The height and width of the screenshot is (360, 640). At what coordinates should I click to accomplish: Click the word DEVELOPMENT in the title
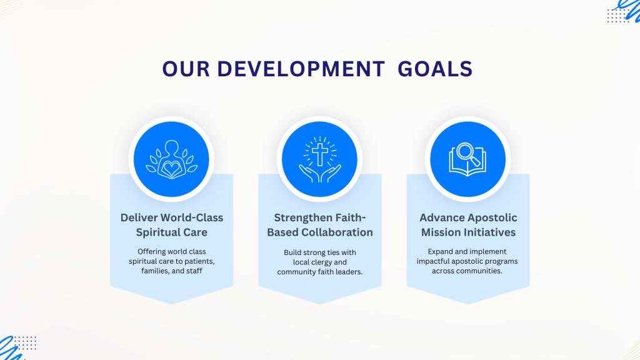pos(301,69)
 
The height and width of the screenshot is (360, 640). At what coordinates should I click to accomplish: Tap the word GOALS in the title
pos(435,69)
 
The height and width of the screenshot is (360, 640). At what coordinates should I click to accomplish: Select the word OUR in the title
pos(186,69)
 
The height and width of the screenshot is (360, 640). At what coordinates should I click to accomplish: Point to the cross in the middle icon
pos(320,154)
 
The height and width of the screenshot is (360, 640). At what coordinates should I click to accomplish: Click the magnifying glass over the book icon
pos(467,154)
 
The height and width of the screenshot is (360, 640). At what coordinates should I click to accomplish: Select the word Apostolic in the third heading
pos(494,218)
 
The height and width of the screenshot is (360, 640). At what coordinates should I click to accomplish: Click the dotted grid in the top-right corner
pos(618,16)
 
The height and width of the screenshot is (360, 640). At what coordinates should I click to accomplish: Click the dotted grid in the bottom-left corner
pos(26,343)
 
